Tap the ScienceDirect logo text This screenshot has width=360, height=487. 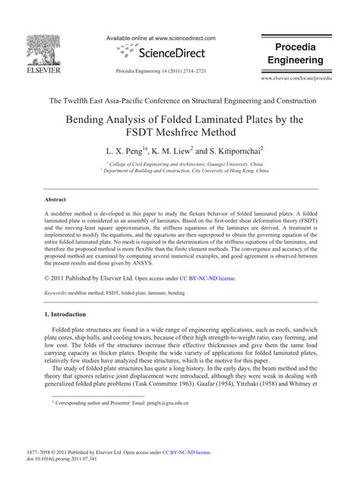(x=167, y=53)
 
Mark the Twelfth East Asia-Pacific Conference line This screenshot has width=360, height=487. (x=180, y=100)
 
